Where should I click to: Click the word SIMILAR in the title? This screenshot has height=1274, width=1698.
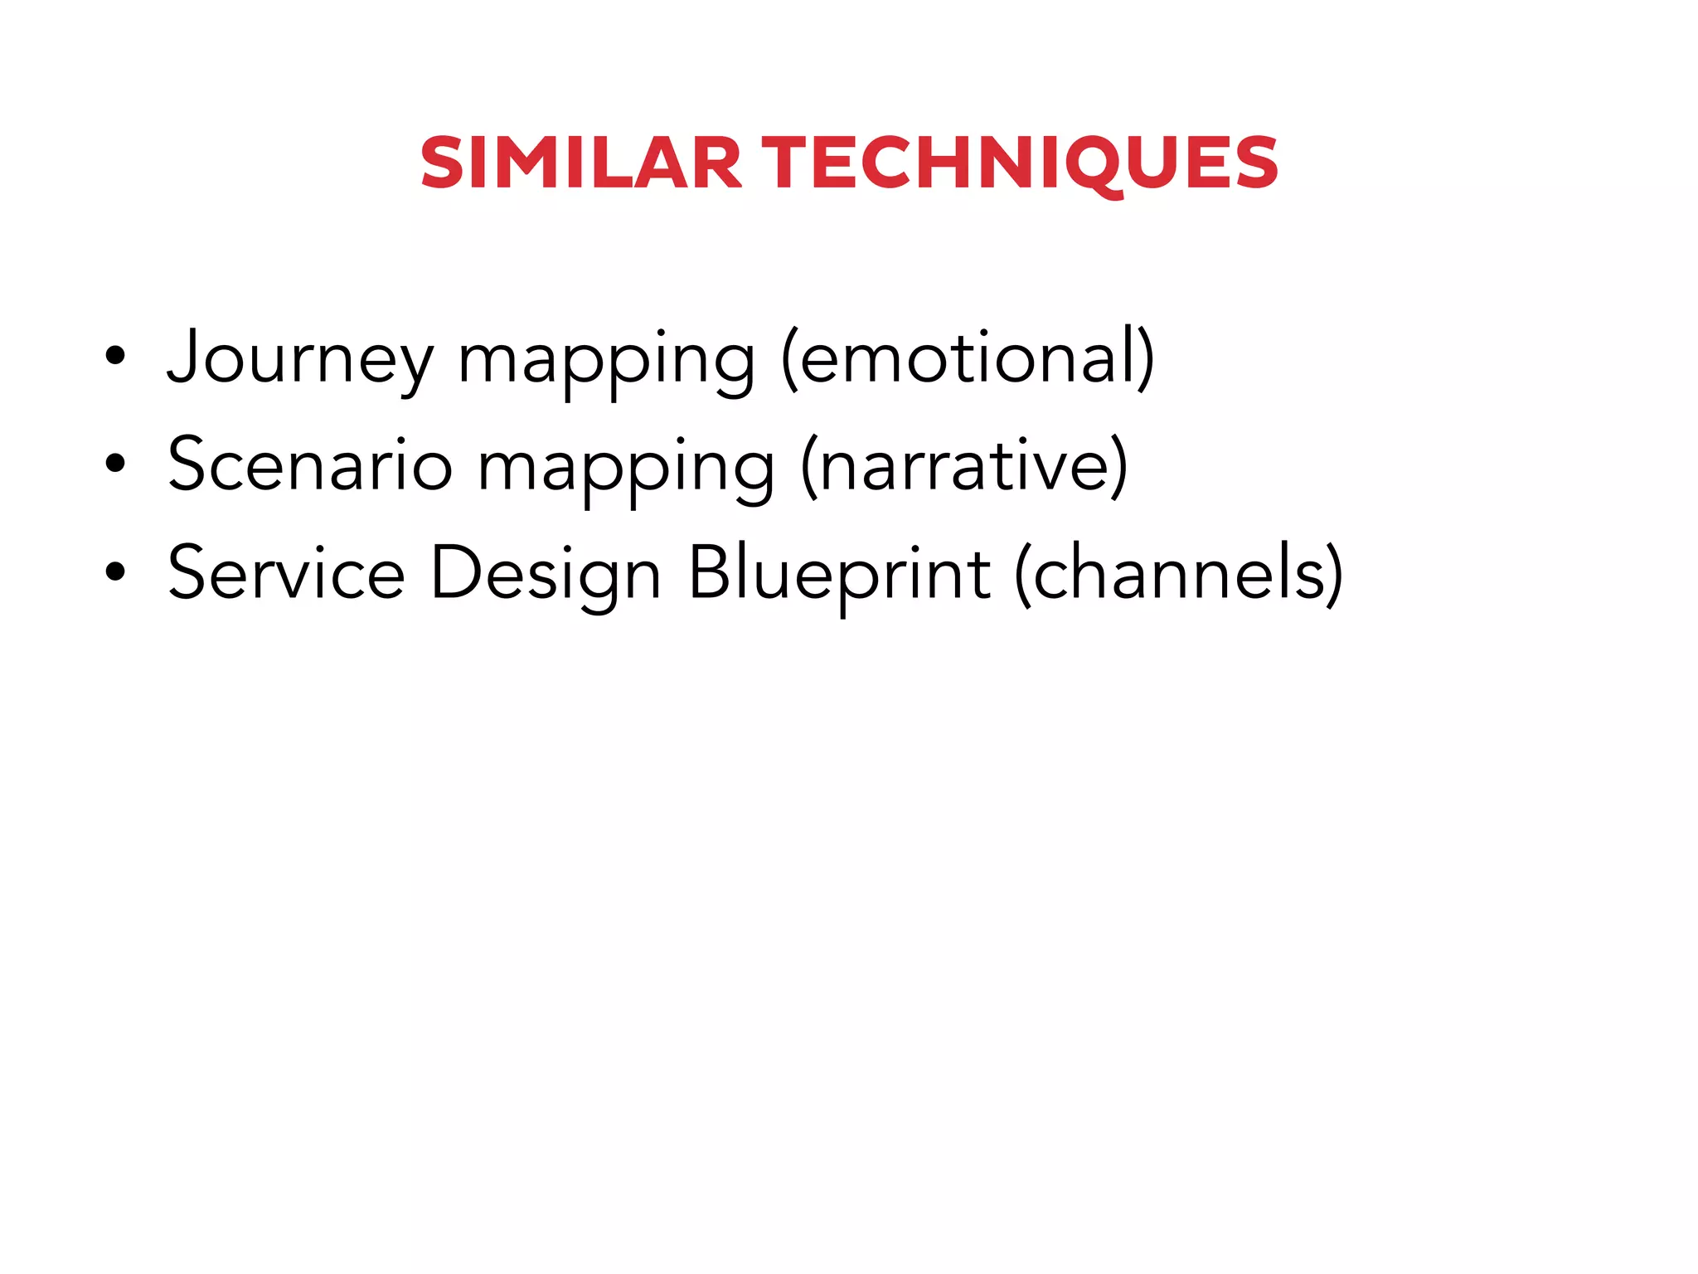pyautogui.click(x=580, y=163)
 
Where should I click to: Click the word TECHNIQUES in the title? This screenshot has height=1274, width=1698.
pyautogui.click(x=1020, y=163)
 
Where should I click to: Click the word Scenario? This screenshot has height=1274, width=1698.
pyautogui.click(x=310, y=465)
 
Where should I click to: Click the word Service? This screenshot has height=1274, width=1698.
pyautogui.click(x=286, y=573)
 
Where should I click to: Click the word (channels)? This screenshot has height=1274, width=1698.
pyautogui.click(x=1177, y=573)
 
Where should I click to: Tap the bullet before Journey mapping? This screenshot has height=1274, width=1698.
pyautogui.click(x=115, y=357)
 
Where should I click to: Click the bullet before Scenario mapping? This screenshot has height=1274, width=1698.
pyautogui.click(x=115, y=464)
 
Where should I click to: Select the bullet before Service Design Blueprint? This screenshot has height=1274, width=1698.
pyautogui.click(x=115, y=571)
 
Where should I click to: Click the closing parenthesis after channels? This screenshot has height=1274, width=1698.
pyautogui.click(x=1333, y=573)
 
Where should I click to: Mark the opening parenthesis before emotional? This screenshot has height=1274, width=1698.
pyautogui.click(x=789, y=358)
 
